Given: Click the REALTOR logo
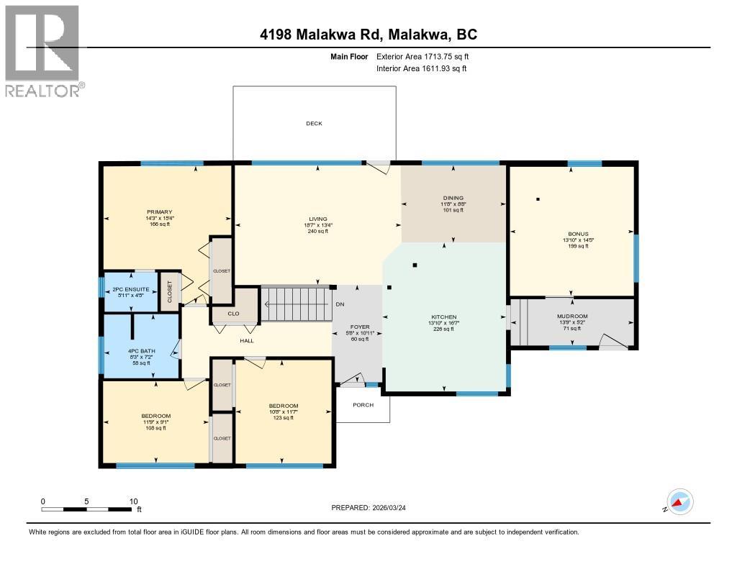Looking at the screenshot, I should tap(42, 50).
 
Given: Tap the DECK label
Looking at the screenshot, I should tap(314, 124).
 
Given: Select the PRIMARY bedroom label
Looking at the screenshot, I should tap(159, 212).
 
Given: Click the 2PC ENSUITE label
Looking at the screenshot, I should tap(131, 289).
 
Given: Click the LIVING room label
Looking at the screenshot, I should tap(317, 219).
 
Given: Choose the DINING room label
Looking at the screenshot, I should tap(453, 198).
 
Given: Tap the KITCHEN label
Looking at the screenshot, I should tap(444, 317).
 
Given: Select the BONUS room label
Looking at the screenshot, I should tap(577, 234).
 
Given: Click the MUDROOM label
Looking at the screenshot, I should tap(572, 317).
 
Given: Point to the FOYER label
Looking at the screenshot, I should tap(359, 327).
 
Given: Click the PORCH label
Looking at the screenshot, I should tap(363, 404).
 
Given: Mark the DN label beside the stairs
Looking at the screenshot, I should tap(340, 304).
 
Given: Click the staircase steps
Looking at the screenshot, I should tap(296, 303).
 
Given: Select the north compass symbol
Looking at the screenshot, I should tap(679, 501).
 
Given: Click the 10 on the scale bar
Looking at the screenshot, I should tap(133, 501).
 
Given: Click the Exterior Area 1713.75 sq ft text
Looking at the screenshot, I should tap(423, 56).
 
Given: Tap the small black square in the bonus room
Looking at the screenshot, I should tap(538, 199).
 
